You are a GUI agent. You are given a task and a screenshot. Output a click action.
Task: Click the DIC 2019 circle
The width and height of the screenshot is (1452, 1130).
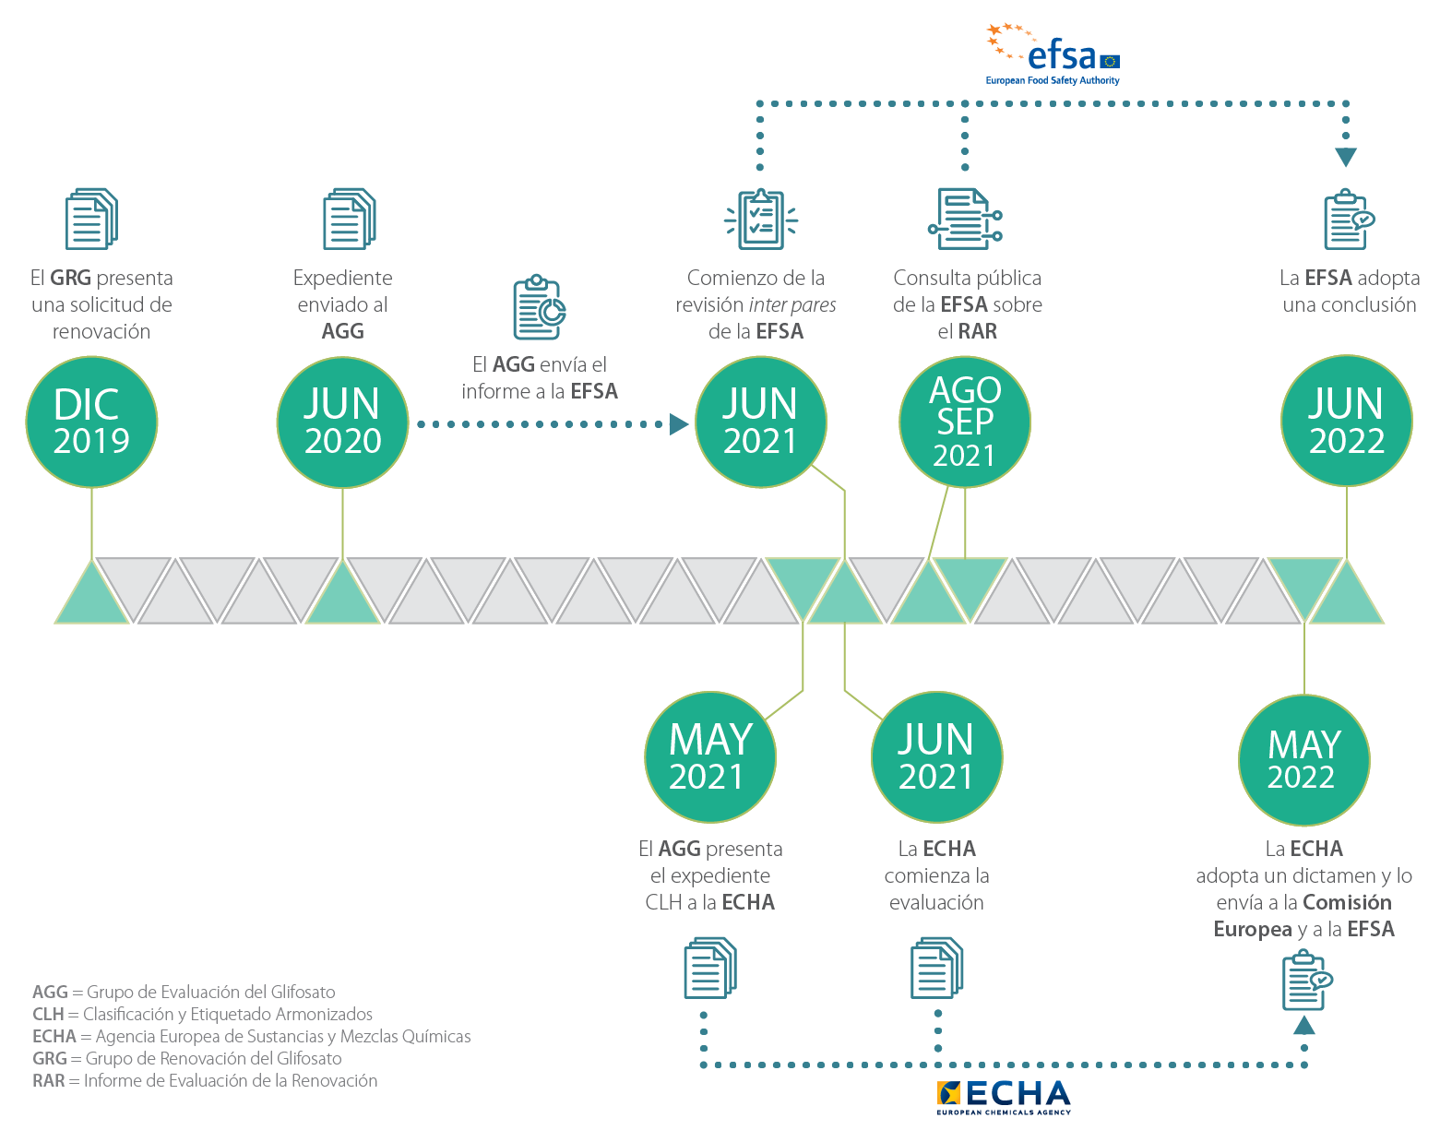point(91,422)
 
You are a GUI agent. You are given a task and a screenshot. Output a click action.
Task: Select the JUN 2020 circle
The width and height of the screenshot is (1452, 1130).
point(342,422)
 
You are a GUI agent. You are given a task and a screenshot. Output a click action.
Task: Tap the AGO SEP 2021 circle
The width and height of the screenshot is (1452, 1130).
point(965,422)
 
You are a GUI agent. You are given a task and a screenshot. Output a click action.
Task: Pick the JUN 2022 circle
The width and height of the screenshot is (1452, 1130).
point(1346,421)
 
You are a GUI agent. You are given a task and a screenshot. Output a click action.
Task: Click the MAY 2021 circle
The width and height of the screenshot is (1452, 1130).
point(710,757)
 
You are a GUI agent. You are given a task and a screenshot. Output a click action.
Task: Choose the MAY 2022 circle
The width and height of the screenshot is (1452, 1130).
point(1303,759)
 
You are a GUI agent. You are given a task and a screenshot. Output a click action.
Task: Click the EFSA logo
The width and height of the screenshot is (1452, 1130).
point(1053,55)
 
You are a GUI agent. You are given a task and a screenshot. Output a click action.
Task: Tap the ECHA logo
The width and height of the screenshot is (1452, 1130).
point(1004,1097)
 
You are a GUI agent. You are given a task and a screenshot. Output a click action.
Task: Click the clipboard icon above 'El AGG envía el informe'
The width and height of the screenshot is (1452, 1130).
point(539,307)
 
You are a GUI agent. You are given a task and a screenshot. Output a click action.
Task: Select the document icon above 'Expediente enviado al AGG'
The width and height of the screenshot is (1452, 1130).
point(349,219)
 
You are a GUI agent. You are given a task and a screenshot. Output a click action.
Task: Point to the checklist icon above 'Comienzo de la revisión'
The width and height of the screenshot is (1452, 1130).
point(760,219)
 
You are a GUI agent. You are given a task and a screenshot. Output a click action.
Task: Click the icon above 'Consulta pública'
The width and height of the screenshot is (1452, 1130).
point(964,219)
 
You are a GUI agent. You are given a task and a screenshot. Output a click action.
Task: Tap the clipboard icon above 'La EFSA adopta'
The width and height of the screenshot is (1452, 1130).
point(1348,220)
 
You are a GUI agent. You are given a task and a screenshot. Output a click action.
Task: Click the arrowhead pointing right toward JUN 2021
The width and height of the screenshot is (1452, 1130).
point(679,424)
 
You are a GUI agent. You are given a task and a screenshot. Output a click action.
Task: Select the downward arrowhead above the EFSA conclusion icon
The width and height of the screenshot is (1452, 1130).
point(1346,158)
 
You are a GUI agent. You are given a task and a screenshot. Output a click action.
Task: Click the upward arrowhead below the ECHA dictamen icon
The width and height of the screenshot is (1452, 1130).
point(1303,1025)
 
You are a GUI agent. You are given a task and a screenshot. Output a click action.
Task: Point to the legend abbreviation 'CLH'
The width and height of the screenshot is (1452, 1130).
point(48,1014)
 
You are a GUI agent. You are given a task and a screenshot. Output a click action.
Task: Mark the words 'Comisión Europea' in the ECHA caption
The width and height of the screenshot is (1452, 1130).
point(1302,916)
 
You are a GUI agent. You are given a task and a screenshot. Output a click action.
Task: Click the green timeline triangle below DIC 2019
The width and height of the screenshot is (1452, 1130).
point(91,596)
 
